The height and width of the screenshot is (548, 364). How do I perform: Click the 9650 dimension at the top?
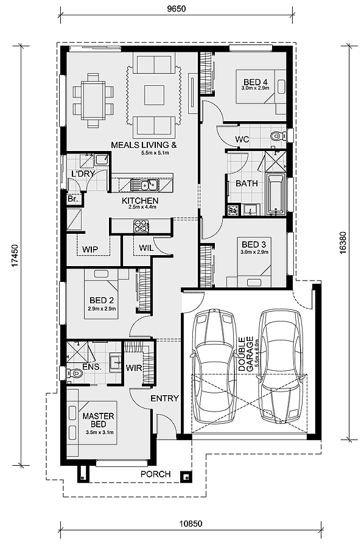coord(177,9)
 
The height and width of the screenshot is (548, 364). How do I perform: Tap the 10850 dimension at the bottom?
coord(191,524)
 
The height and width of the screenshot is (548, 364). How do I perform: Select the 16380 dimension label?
coord(343,242)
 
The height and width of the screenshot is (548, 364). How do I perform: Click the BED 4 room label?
coord(256,82)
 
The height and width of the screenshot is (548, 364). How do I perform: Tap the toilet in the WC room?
coord(278,135)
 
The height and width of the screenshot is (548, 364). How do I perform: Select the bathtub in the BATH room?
coord(276,194)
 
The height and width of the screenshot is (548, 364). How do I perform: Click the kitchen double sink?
coord(144,184)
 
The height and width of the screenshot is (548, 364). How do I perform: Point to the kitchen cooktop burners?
coord(141,226)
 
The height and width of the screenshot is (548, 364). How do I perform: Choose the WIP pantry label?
coord(90,249)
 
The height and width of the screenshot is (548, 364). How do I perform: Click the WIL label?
coord(146,248)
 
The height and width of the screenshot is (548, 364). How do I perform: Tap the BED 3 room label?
coord(254,244)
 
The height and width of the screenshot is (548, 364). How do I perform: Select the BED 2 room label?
coord(101,300)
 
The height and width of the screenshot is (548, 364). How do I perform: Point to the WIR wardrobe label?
coord(134,368)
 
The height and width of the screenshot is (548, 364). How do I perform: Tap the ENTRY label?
coord(164,398)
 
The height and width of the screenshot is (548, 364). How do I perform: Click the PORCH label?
coord(155,474)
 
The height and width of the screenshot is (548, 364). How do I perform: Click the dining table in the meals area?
coord(93,100)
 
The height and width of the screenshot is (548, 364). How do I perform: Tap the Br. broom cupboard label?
coord(72,199)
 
